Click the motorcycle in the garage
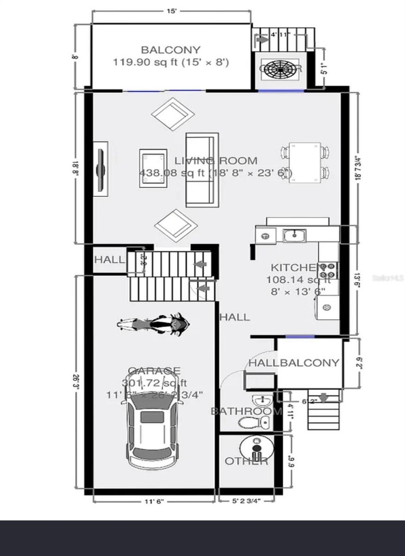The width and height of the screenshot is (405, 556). [x=153, y=324]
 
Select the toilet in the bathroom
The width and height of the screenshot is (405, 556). [x=254, y=422]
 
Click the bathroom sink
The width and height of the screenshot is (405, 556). [x=262, y=401]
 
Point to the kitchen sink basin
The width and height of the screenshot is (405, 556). [x=294, y=235]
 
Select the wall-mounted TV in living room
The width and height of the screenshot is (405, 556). [x=101, y=170]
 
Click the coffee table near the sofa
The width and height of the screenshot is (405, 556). [x=153, y=168]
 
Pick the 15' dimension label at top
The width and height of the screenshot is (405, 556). [x=171, y=11]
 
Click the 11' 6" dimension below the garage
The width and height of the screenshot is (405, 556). [x=154, y=502]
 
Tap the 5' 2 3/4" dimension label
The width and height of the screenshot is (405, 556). [x=246, y=501]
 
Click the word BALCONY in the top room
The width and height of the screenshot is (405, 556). [x=171, y=50]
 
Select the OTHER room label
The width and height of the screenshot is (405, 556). [x=246, y=461]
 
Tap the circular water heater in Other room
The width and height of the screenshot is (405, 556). [x=257, y=447]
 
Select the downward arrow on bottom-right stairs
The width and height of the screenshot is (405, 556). [x=323, y=398]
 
